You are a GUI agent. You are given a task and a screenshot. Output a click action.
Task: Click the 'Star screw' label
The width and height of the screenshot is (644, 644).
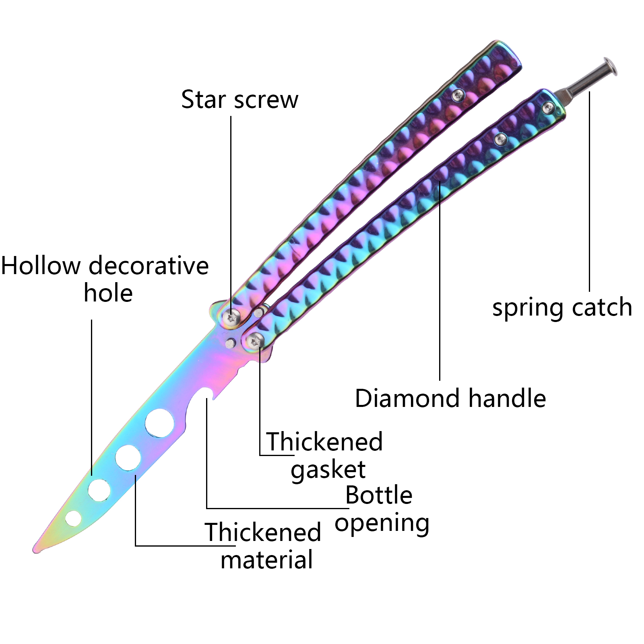coord(239,100)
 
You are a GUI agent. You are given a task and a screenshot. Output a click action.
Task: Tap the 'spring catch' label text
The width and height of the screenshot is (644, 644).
coord(562,308)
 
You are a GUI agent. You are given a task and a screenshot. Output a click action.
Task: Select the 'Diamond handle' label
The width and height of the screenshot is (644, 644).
coord(450,398)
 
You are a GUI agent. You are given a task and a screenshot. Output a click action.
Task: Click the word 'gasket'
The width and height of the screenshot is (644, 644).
coord(328,470)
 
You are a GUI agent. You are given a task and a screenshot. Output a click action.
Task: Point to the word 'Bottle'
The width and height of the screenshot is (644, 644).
coord(379,495)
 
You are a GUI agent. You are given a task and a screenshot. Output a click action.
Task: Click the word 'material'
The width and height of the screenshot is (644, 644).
coord(266,560)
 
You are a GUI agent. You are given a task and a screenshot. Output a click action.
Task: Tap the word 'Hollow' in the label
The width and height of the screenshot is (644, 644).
coord(41,266)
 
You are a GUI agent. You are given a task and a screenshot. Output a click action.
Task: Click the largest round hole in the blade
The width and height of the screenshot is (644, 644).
coord(160,423)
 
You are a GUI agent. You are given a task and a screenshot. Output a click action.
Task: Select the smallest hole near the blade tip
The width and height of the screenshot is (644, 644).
coord(73,518)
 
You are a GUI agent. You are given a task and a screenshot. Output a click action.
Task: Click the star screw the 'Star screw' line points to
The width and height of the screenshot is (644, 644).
coord(231,318)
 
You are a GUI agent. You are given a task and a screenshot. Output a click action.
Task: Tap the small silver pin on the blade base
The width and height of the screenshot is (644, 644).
coord(231,343)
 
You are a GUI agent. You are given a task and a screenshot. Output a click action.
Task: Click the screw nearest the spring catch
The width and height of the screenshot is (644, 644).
coord(548,107)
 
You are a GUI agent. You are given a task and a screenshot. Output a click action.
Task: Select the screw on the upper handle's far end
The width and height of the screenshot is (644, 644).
coord(458,95)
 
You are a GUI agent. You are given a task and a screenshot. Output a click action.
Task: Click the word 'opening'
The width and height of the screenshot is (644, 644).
coord(382,523)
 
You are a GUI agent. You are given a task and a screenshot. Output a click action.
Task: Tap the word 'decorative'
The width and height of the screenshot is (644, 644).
coord(149,266)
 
